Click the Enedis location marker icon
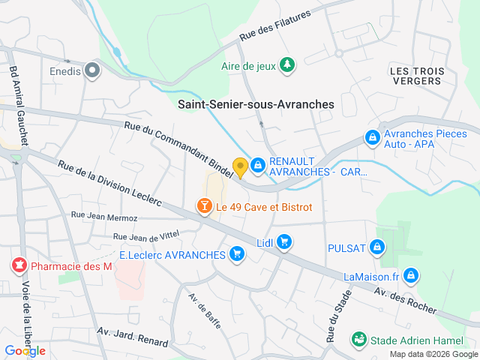point(93,71)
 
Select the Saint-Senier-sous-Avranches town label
point(256,105)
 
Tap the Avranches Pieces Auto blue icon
point(371,138)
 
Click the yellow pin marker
point(240,166)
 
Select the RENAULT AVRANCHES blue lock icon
point(257,164)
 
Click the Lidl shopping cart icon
point(283,241)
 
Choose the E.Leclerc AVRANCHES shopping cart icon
point(238,254)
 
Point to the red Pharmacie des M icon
point(19,265)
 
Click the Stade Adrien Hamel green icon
point(359,340)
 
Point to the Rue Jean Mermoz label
point(104,217)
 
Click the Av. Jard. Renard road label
point(133,336)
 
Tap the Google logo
point(25,350)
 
